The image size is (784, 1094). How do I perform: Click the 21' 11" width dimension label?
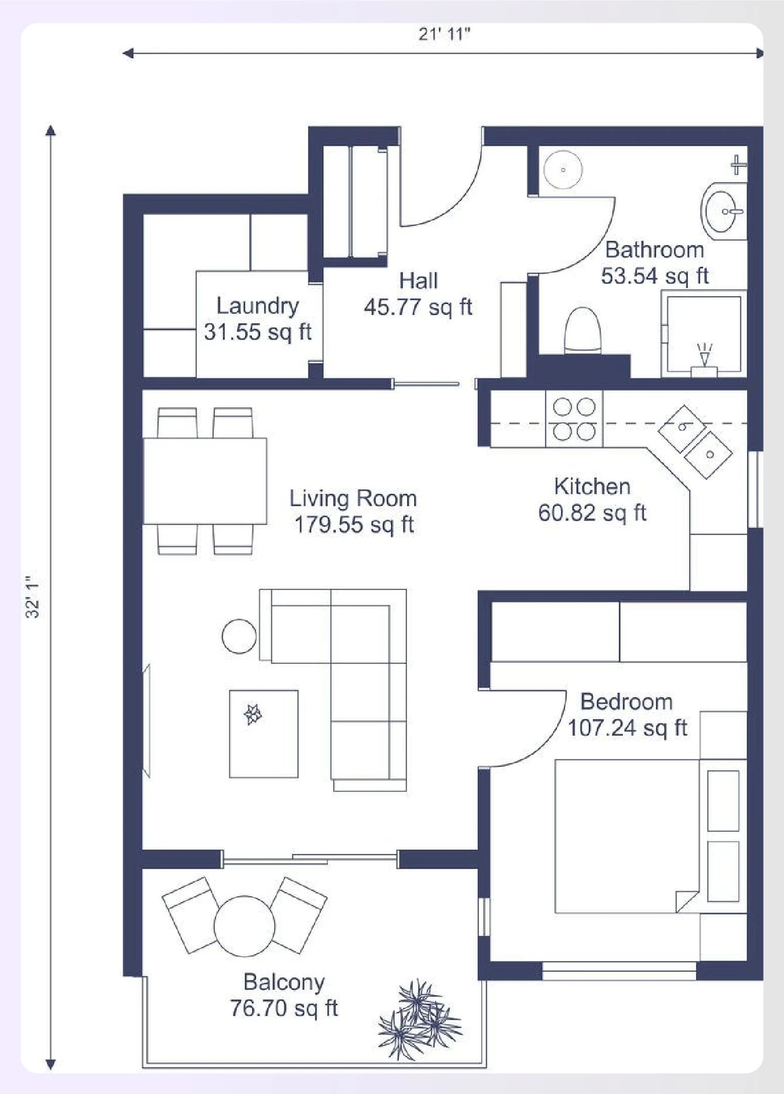(444, 34)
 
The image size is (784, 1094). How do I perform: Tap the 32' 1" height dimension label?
(33, 597)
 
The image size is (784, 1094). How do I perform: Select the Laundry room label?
(258, 306)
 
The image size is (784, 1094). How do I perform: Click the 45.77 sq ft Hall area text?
(417, 307)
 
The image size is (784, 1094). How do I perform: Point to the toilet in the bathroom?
(583, 331)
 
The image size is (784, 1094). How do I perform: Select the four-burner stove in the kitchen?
(574, 419)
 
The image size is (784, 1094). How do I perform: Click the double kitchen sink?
(696, 441)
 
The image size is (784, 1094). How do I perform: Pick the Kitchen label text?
(592, 486)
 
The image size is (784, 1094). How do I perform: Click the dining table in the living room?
(205, 481)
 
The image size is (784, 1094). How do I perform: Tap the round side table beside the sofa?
(239, 636)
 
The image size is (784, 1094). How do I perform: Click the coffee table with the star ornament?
(263, 734)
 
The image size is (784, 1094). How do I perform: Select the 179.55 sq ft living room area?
(354, 524)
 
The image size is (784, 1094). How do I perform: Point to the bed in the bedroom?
(626, 836)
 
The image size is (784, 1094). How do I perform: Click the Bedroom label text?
(626, 701)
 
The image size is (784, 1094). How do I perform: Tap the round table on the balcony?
(244, 926)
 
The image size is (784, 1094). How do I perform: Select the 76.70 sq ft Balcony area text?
(284, 1008)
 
